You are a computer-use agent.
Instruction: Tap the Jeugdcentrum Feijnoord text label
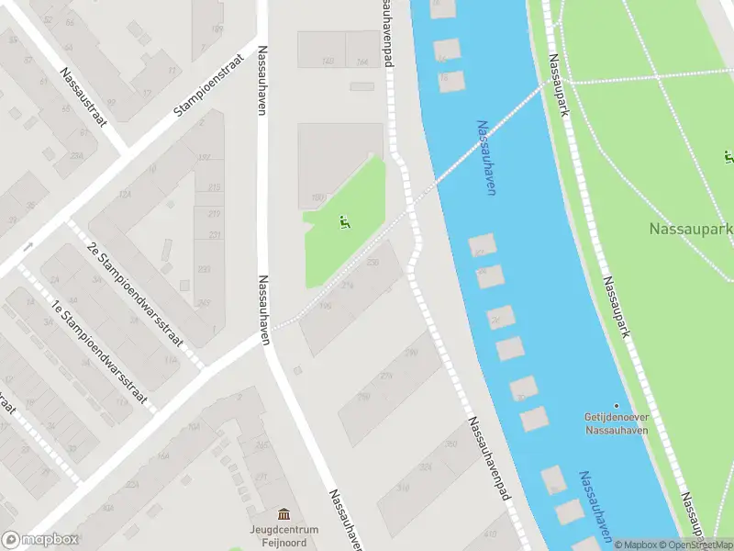[x=284, y=536]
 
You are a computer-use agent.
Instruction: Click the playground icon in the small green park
[x=343, y=221]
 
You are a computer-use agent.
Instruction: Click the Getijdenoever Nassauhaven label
[x=617, y=422]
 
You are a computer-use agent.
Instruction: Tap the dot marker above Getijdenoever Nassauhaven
[x=617, y=405]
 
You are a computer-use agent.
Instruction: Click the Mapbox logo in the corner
[x=40, y=540]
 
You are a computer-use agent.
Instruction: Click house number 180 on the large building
[x=318, y=197]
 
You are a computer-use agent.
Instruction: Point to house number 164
[x=361, y=62]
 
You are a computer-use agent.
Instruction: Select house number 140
[x=327, y=62]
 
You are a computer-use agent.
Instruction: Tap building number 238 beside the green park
[x=373, y=263]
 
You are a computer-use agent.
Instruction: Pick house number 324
[x=426, y=467]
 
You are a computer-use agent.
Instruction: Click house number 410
[x=490, y=534]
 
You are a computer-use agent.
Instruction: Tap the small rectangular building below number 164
[x=362, y=86]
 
